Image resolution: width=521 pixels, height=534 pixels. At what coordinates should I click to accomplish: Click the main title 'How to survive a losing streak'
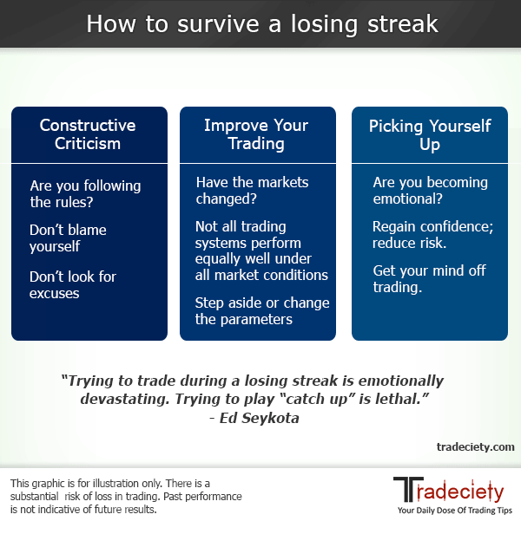pyautogui.click(x=260, y=23)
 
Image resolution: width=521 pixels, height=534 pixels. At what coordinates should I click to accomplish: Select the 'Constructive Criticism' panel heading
pyautogui.click(x=89, y=135)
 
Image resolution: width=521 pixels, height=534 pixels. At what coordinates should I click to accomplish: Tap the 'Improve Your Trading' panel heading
pyautogui.click(x=256, y=135)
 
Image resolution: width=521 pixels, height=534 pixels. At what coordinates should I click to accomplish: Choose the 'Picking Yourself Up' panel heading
pyautogui.click(x=429, y=135)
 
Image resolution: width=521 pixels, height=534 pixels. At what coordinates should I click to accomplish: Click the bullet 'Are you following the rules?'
pyautogui.click(x=85, y=194)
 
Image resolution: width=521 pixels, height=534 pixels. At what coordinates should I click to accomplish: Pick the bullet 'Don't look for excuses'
pyautogui.click(x=73, y=284)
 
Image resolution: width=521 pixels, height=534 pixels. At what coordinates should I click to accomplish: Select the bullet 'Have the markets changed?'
pyautogui.click(x=252, y=191)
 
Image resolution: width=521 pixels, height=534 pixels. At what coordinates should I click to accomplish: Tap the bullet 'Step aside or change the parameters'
pyautogui.click(x=262, y=310)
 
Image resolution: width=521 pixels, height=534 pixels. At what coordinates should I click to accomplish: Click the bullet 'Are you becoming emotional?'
pyautogui.click(x=430, y=191)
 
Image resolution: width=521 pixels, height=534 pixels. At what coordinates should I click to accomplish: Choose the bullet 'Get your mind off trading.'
pyautogui.click(x=428, y=279)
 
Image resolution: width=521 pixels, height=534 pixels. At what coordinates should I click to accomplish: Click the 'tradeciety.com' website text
pyautogui.click(x=475, y=446)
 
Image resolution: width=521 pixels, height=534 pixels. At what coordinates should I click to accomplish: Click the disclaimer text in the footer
pyautogui.click(x=125, y=497)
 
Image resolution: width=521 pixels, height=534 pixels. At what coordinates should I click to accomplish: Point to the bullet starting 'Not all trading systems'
pyautogui.click(x=260, y=251)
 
